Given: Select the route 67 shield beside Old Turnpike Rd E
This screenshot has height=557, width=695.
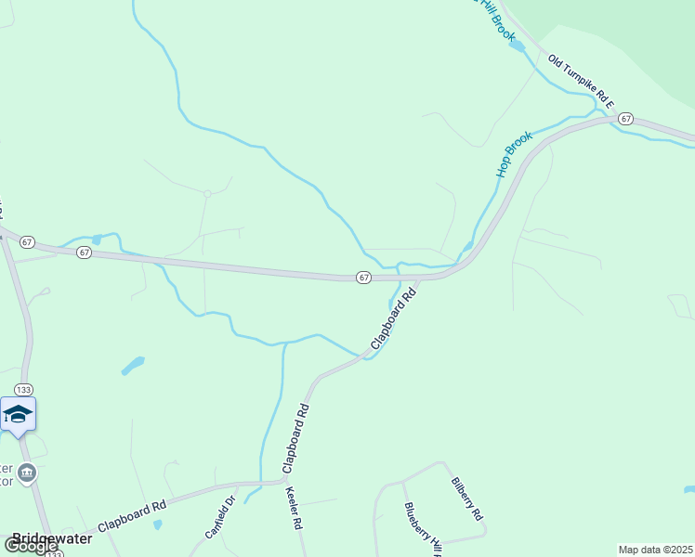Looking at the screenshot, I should tap(625, 119).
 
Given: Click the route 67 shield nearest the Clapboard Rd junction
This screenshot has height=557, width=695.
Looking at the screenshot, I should tap(363, 278).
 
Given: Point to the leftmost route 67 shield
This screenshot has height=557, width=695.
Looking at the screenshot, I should tap(27, 242).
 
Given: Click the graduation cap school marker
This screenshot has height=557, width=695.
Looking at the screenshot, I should tap(19, 413).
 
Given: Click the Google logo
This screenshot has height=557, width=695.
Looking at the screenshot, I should tap(30, 547).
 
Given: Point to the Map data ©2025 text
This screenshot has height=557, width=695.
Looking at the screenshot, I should tap(655, 550).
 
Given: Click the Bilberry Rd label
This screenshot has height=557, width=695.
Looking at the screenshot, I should tap(466, 499).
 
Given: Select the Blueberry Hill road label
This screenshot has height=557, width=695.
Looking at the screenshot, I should tap(423, 530).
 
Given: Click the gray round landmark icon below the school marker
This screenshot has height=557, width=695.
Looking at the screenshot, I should tap(27, 473).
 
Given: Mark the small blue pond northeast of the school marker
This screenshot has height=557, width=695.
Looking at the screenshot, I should tap(133, 365).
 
